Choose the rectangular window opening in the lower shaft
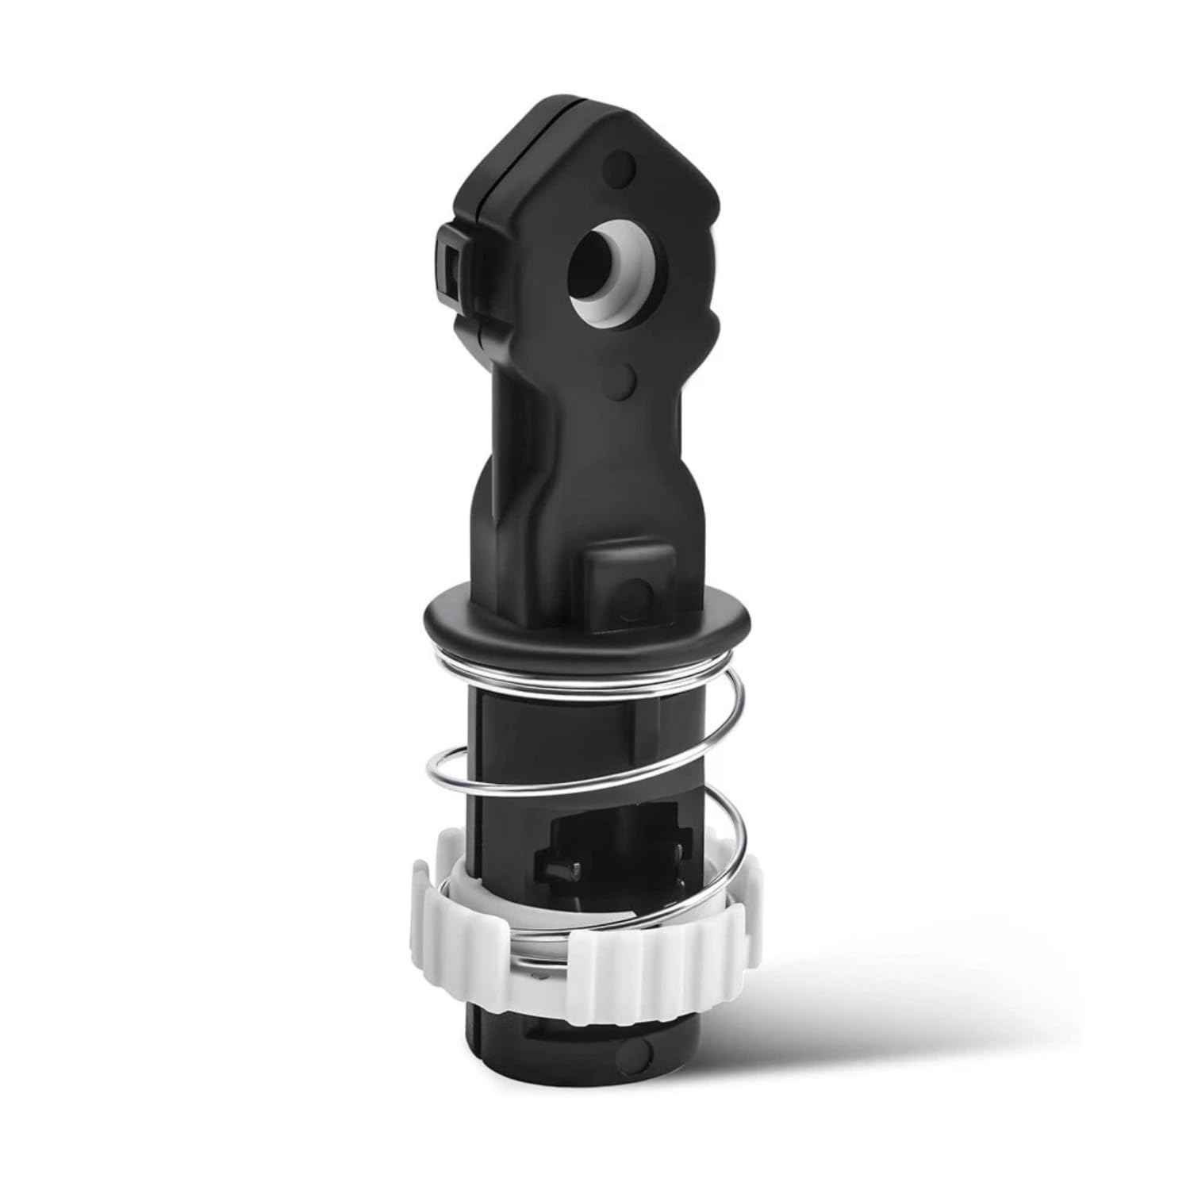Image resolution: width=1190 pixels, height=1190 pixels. tap(611, 873)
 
